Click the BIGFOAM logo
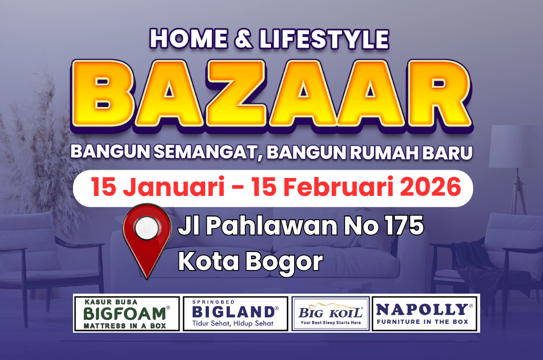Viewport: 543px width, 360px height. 126,313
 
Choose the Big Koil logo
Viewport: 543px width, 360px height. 331,313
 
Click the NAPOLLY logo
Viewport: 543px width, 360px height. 425,313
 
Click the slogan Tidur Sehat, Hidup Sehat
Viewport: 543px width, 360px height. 232,323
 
